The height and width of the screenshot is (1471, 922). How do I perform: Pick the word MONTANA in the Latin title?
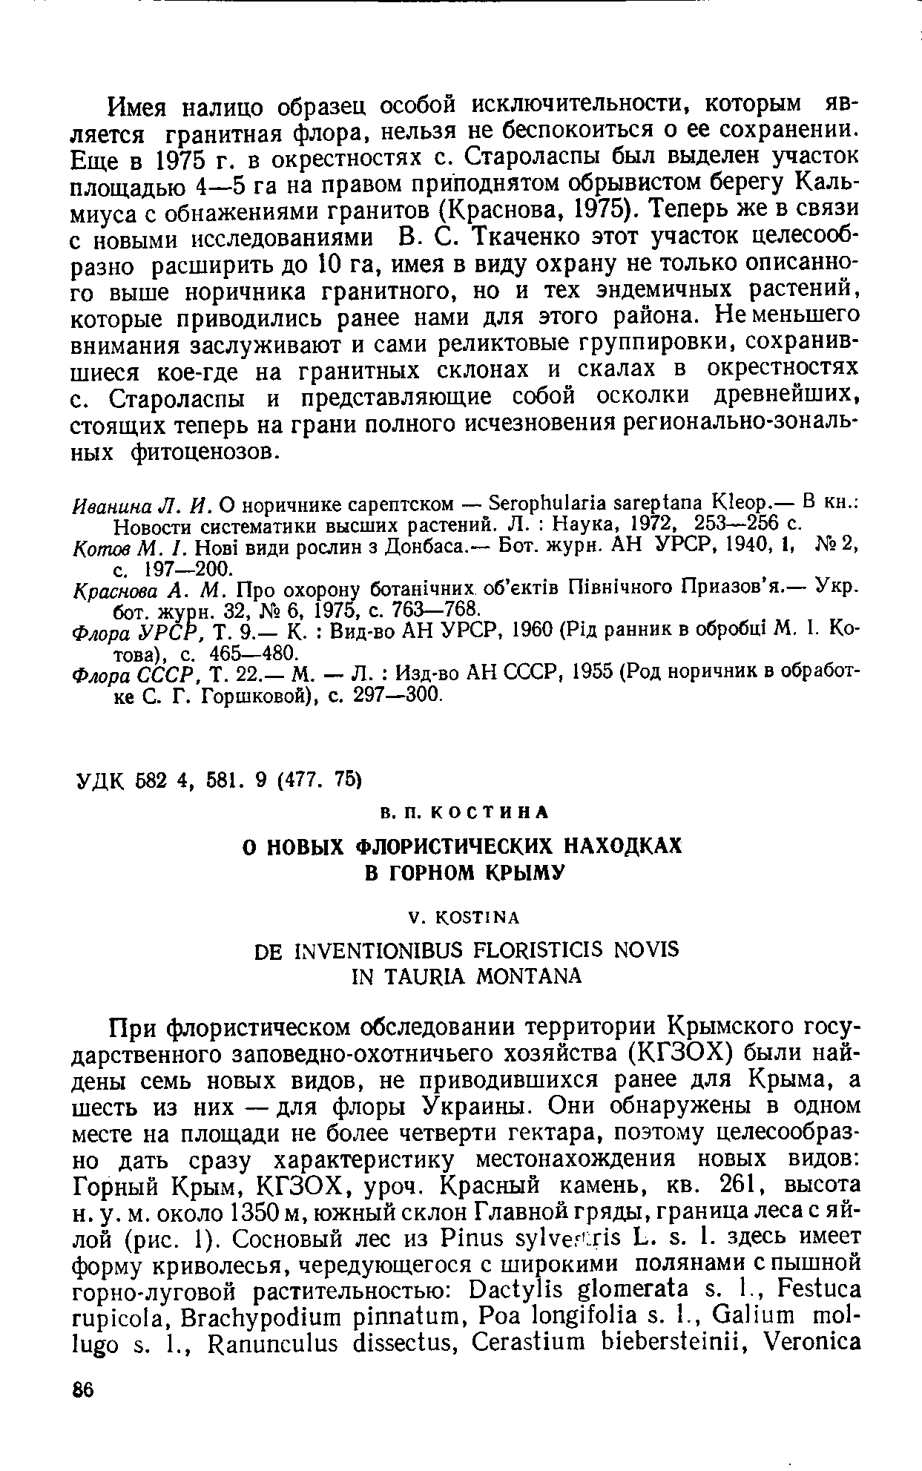[x=518, y=976]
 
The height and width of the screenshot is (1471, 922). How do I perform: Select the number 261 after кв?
[x=733, y=1182]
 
